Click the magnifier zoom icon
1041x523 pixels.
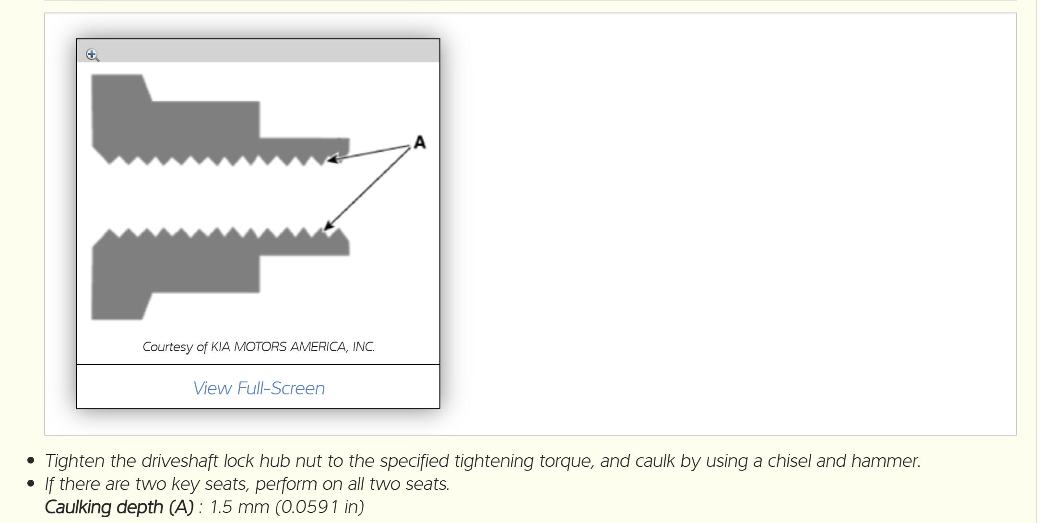[93, 55]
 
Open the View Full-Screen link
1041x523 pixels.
[259, 388]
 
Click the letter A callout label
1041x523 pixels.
[420, 143]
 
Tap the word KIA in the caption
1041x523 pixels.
[221, 346]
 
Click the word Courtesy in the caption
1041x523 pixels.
[167, 346]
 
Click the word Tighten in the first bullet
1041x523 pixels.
[75, 461]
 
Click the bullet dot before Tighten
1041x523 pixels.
[31, 461]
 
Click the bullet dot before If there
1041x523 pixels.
[31, 484]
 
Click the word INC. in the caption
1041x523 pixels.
[364, 346]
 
